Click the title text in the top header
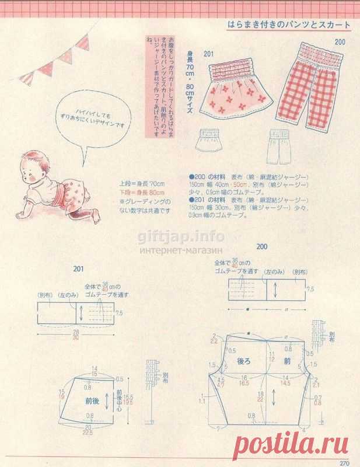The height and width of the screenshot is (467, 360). pyautogui.click(x=289, y=26)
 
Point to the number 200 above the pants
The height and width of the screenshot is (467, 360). pyautogui.click(x=340, y=42)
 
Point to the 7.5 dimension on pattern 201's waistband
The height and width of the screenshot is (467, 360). pyautogui.click(x=120, y=313)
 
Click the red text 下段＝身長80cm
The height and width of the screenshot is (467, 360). pyautogui.click(x=142, y=192)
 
